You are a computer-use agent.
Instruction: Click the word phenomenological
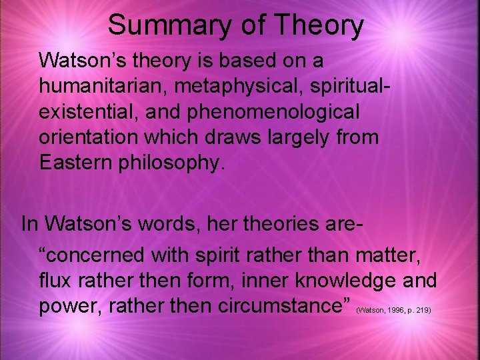[265, 112]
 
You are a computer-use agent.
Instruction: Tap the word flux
[55, 280]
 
